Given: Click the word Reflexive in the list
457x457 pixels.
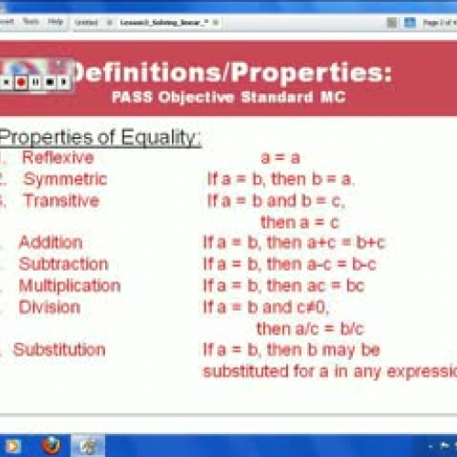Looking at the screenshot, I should point(58,158).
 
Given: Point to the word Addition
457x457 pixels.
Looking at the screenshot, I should point(50,242).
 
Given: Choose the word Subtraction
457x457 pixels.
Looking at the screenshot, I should point(63,264).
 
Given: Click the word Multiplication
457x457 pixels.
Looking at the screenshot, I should point(69,285).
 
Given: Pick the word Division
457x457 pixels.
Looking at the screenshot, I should point(49,307).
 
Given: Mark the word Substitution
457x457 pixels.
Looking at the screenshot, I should point(59,349).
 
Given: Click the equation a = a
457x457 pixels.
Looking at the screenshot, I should point(281,158).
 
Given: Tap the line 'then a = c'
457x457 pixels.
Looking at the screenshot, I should point(300,221).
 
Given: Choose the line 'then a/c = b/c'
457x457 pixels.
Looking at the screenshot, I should point(309,327).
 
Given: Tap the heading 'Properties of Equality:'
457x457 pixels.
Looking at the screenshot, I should point(101,137).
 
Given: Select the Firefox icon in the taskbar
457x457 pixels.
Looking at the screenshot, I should point(51,446).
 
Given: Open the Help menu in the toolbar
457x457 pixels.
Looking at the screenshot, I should point(56,20).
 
